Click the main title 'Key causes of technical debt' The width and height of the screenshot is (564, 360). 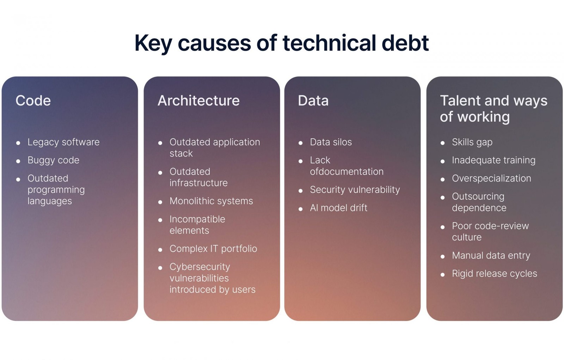point(282,43)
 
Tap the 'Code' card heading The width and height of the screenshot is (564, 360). point(33,100)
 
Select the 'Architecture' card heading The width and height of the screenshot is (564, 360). point(199,100)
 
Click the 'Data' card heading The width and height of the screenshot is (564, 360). point(313,100)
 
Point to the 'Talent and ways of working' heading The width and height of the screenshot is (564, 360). point(493,109)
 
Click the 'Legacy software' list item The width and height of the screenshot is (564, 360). point(63,142)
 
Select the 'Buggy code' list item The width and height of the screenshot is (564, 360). point(53,160)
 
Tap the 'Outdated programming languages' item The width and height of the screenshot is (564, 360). point(56,189)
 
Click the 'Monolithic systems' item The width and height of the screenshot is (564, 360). point(211,201)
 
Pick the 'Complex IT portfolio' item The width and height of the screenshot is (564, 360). point(213,249)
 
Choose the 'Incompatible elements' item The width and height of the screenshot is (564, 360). point(197,225)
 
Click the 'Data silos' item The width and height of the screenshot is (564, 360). point(331,142)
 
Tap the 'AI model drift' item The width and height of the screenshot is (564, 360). point(339,208)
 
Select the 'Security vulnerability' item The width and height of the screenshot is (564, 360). point(355,190)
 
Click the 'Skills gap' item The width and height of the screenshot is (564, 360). point(472,142)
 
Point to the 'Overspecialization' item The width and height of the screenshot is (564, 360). point(491,178)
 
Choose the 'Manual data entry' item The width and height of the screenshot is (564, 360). point(491,255)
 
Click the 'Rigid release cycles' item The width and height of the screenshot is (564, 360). point(495,274)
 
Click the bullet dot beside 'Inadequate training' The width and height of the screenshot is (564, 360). point(443,161)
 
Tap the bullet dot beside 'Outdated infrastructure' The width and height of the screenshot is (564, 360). point(160,172)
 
